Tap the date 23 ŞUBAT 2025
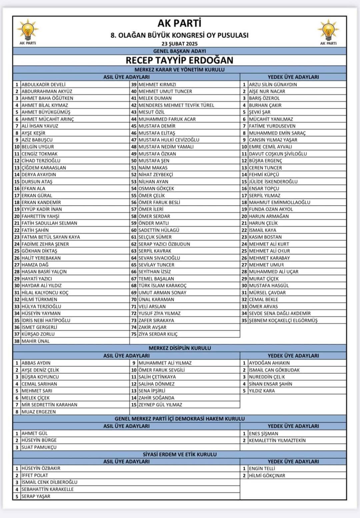(180, 44)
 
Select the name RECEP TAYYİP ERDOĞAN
(180, 60)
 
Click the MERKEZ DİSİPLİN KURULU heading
(180, 348)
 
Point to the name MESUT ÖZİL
(151, 112)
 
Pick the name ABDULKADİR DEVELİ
(43, 84)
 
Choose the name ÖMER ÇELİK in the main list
(152, 195)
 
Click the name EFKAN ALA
(33, 188)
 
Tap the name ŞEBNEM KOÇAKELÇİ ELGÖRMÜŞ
(283, 320)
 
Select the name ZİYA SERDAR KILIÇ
(158, 334)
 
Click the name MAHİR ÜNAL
(35, 341)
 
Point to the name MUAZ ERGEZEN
(39, 412)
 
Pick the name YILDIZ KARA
(262, 391)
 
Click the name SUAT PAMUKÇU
(39, 447)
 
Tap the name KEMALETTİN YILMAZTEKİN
(277, 440)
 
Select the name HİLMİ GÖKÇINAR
(267, 475)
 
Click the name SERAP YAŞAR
(36, 496)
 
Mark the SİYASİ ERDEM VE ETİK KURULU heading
(180, 454)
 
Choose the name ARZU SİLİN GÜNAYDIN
(273, 84)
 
